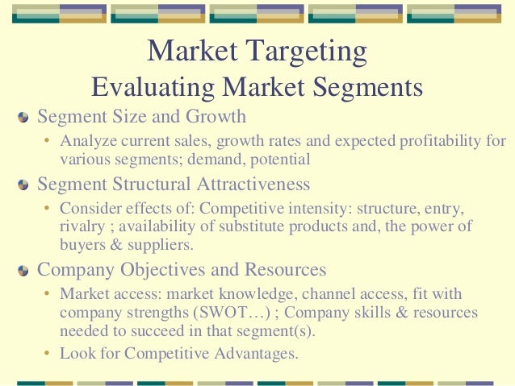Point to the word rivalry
tap(82, 226)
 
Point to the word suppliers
tap(147, 244)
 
